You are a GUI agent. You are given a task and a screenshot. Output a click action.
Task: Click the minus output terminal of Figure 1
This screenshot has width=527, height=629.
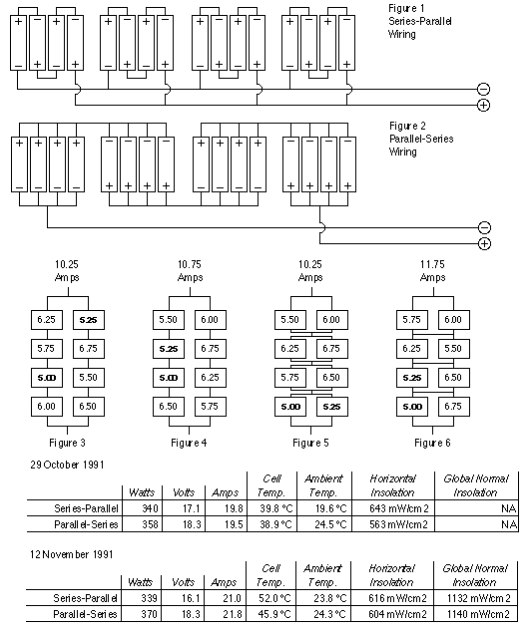pyautogui.click(x=483, y=89)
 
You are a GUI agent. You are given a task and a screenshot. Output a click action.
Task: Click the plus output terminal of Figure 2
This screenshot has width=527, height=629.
pyautogui.click(x=484, y=243)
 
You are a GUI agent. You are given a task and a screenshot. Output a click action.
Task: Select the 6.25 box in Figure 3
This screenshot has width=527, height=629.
pyautogui.click(x=47, y=320)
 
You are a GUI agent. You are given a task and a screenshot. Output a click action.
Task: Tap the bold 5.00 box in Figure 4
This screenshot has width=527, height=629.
pyautogui.click(x=169, y=378)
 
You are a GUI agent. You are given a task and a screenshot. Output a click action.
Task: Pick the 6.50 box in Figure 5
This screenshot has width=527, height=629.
pyautogui.click(x=331, y=378)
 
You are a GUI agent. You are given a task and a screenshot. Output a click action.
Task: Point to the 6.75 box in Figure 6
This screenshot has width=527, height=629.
pyautogui.click(x=453, y=407)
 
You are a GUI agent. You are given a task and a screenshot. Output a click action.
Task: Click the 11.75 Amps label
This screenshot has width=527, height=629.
pyautogui.click(x=432, y=271)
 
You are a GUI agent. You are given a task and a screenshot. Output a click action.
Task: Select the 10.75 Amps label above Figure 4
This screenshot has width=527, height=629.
pyautogui.click(x=190, y=271)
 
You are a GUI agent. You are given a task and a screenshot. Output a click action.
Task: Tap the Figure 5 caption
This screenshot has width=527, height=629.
pyautogui.click(x=310, y=443)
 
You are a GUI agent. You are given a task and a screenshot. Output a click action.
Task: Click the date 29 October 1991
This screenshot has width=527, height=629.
pyautogui.click(x=67, y=465)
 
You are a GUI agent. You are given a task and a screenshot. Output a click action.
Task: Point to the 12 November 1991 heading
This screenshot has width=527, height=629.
pyautogui.click(x=72, y=555)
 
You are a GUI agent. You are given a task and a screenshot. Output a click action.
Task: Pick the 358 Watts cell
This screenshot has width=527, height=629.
pyautogui.click(x=150, y=524)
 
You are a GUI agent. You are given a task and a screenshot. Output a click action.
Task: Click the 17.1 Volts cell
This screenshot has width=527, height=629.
pyautogui.click(x=192, y=508)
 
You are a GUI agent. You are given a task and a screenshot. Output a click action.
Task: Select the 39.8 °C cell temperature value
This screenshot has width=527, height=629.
pyautogui.click(x=276, y=508)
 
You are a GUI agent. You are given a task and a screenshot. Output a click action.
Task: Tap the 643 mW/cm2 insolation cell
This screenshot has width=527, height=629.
pyautogui.click(x=399, y=508)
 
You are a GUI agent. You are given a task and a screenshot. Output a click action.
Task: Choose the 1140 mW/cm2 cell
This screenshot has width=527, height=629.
pyautogui.click(x=478, y=614)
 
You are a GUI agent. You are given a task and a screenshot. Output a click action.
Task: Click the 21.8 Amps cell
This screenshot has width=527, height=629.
pyautogui.click(x=233, y=614)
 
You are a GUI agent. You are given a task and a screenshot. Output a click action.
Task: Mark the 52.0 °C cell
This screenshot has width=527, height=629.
pyautogui.click(x=274, y=598)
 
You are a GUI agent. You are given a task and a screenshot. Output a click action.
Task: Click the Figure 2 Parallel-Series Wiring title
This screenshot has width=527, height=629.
pyautogui.click(x=421, y=139)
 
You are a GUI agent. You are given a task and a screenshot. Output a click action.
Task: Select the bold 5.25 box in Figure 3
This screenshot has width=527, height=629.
pyautogui.click(x=89, y=320)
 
